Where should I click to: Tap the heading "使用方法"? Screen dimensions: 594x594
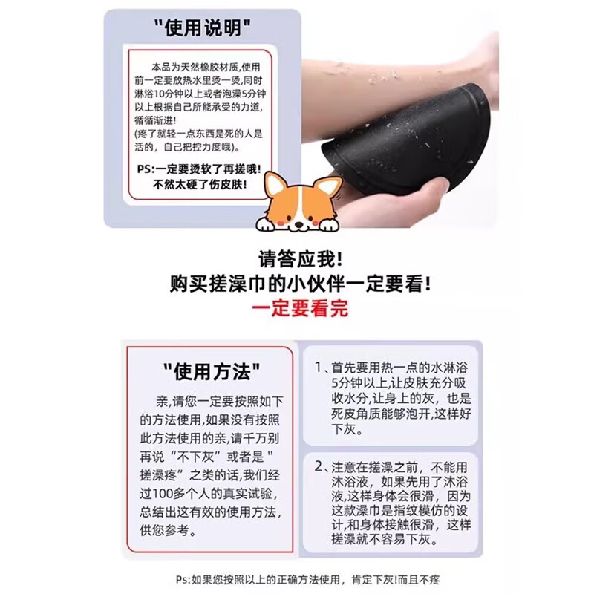[x=212, y=369]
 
